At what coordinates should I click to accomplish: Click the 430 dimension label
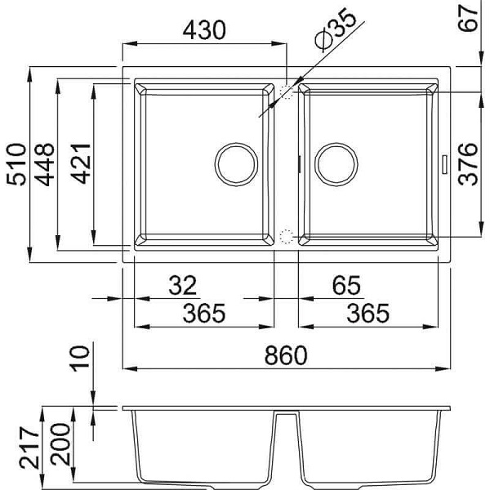point(204,30)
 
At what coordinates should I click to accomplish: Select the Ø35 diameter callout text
point(336,29)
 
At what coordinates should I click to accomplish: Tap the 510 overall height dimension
point(16,164)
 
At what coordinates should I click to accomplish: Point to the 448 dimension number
point(44,164)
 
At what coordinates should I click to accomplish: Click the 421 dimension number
point(81,163)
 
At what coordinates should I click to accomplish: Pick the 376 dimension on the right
point(468,164)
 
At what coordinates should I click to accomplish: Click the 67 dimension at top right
point(468,18)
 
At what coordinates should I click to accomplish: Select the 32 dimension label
point(183,285)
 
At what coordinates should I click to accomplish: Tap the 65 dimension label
point(346,285)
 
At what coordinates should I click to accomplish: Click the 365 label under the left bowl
point(204,314)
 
